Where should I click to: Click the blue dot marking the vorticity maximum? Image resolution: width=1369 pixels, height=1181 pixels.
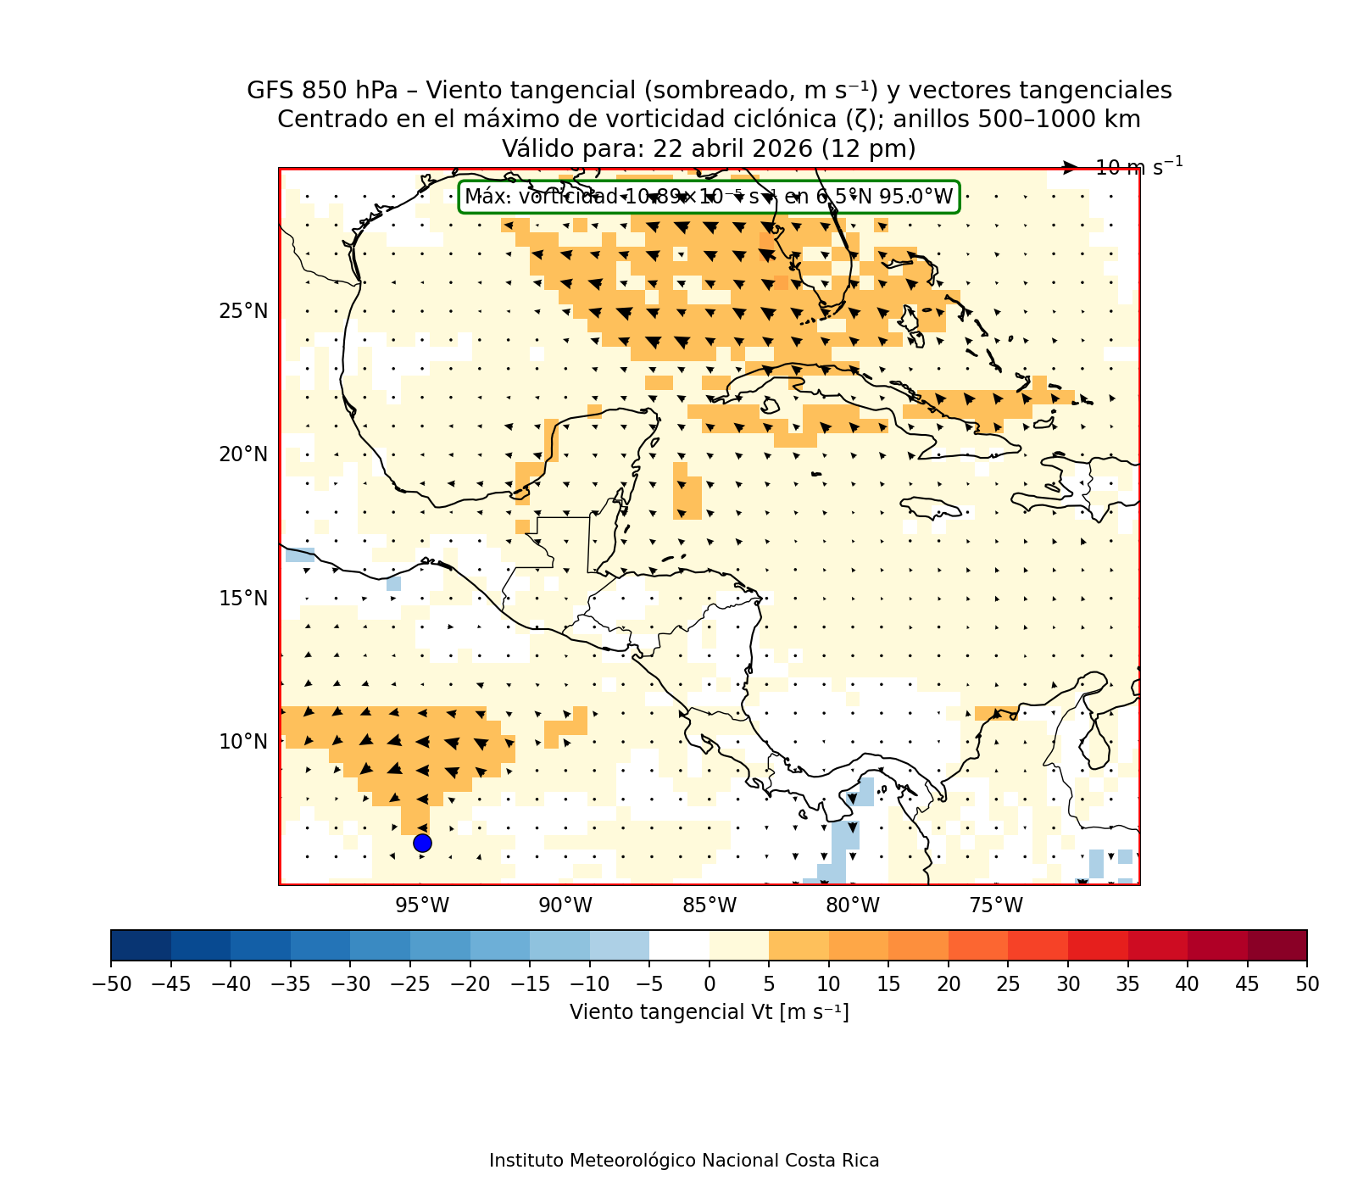422,843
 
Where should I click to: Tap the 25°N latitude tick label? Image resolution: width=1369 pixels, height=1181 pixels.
243,311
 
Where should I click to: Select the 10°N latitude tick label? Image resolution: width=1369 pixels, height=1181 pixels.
243,742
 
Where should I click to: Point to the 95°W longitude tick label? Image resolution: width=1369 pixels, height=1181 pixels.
422,906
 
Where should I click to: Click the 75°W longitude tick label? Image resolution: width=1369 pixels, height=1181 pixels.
996,906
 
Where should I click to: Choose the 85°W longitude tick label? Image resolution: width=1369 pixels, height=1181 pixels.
710,906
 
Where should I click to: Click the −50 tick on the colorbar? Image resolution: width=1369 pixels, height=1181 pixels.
111,983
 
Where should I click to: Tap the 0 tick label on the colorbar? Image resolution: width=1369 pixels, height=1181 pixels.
710,983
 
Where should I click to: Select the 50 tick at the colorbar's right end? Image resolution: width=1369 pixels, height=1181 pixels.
1307,983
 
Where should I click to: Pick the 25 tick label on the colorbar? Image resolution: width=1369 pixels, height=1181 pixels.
1009,983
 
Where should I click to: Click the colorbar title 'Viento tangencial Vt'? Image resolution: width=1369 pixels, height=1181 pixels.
709,1012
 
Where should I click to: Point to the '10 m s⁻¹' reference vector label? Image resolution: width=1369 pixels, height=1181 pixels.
1138,167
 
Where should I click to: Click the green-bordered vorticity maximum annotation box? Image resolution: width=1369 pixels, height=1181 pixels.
709,197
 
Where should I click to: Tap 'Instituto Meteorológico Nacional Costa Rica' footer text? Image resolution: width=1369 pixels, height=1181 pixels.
684,1161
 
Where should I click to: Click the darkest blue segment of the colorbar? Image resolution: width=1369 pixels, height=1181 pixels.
141,944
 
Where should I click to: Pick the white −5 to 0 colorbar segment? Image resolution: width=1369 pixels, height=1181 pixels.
680,944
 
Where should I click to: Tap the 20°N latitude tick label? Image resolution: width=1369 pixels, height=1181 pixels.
243,454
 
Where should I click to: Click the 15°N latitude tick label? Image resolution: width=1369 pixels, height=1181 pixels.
243,599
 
